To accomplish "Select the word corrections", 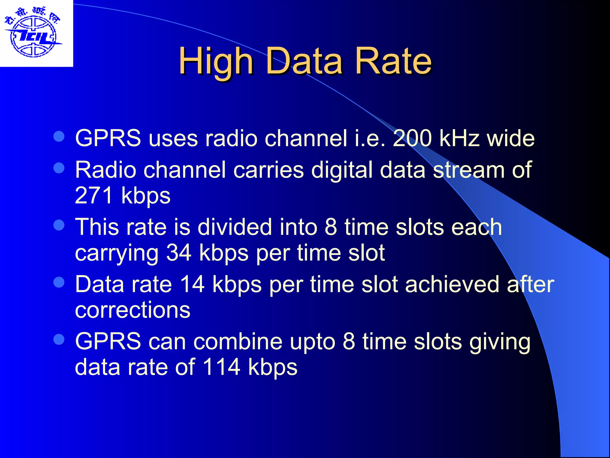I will pos(133,310).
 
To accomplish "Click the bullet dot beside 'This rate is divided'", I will pos(59,225).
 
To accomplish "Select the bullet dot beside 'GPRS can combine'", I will pos(59,339).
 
